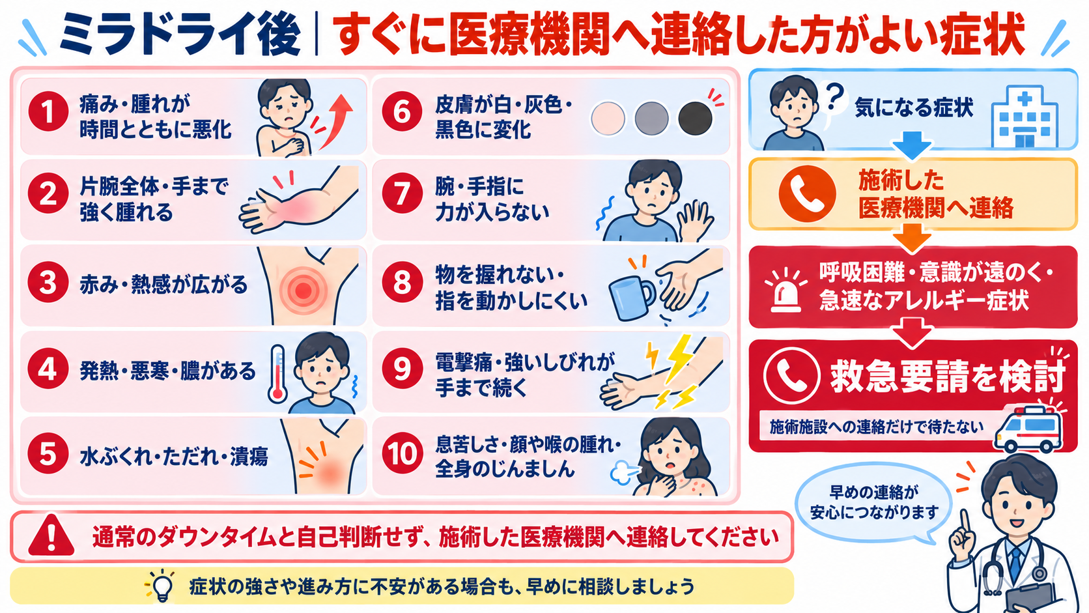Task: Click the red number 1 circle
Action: coord(48,111)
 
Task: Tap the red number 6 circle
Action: coord(402,111)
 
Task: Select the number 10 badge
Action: coord(402,454)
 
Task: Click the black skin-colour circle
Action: coord(695,118)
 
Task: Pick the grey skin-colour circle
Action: coord(651,118)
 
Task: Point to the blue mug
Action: coord(631,298)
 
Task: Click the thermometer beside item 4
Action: coord(277,374)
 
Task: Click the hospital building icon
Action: coord(1025,116)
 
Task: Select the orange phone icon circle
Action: coord(807,193)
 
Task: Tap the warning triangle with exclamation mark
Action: coord(51,535)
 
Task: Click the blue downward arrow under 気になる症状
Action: coord(912,145)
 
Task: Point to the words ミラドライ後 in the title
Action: coord(180,35)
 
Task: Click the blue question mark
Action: coord(835,96)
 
